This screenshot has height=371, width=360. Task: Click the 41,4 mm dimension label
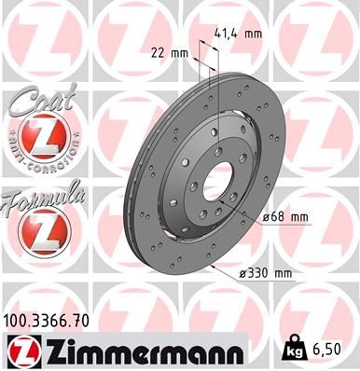coord(239,33)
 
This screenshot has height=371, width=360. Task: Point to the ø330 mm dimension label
coord(268,274)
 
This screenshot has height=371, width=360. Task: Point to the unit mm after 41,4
coord(252,33)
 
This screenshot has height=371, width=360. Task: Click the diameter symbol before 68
coord(265,217)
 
